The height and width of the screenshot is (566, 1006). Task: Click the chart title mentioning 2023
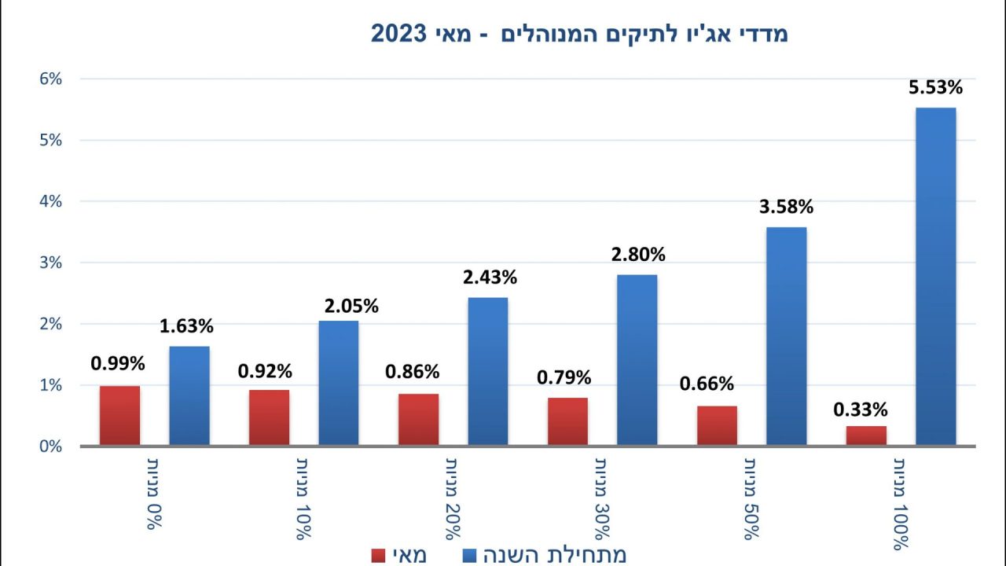[579, 34]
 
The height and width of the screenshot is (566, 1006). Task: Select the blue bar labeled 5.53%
[936, 276]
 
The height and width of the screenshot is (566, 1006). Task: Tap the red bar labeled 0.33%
[866, 436]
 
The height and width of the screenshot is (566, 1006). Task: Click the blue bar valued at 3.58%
[787, 336]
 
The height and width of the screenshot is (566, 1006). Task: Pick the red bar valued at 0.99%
[119, 415]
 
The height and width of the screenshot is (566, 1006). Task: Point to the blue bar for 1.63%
[189, 395]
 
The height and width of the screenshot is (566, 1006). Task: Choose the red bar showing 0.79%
[567, 421]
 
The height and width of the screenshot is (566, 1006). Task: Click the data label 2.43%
[489, 277]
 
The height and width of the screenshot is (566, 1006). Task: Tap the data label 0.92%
[266, 371]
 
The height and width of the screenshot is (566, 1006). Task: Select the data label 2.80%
[638, 255]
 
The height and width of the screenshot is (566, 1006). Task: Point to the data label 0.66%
[707, 384]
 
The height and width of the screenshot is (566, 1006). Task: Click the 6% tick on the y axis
[46, 79]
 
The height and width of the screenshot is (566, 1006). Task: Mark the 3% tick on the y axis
[46, 263]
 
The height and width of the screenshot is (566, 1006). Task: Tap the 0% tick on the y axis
[46, 447]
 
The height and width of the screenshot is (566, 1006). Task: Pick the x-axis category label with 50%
[751, 498]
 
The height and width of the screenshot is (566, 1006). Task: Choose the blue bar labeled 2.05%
[339, 383]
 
